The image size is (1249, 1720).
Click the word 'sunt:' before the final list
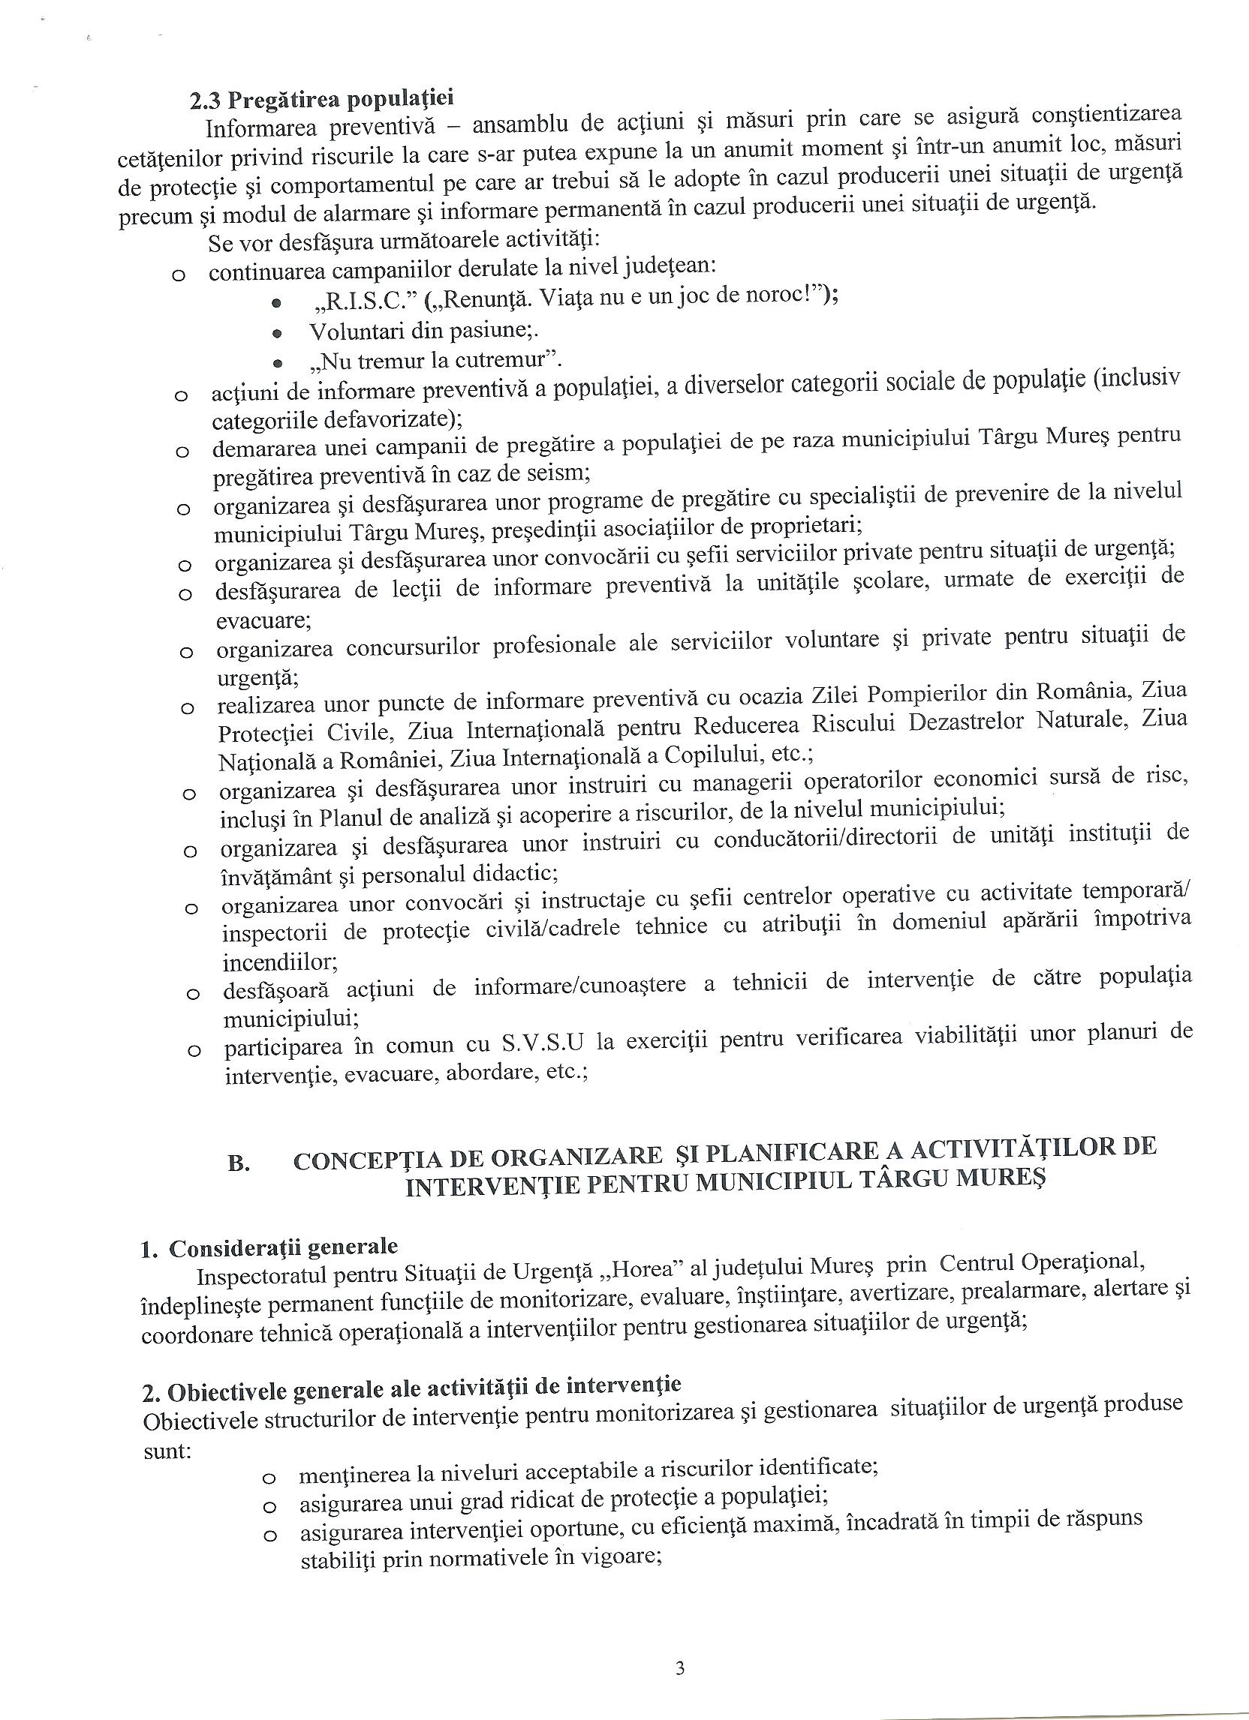(166, 1451)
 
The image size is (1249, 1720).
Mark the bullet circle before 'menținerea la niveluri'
(267, 1478)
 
